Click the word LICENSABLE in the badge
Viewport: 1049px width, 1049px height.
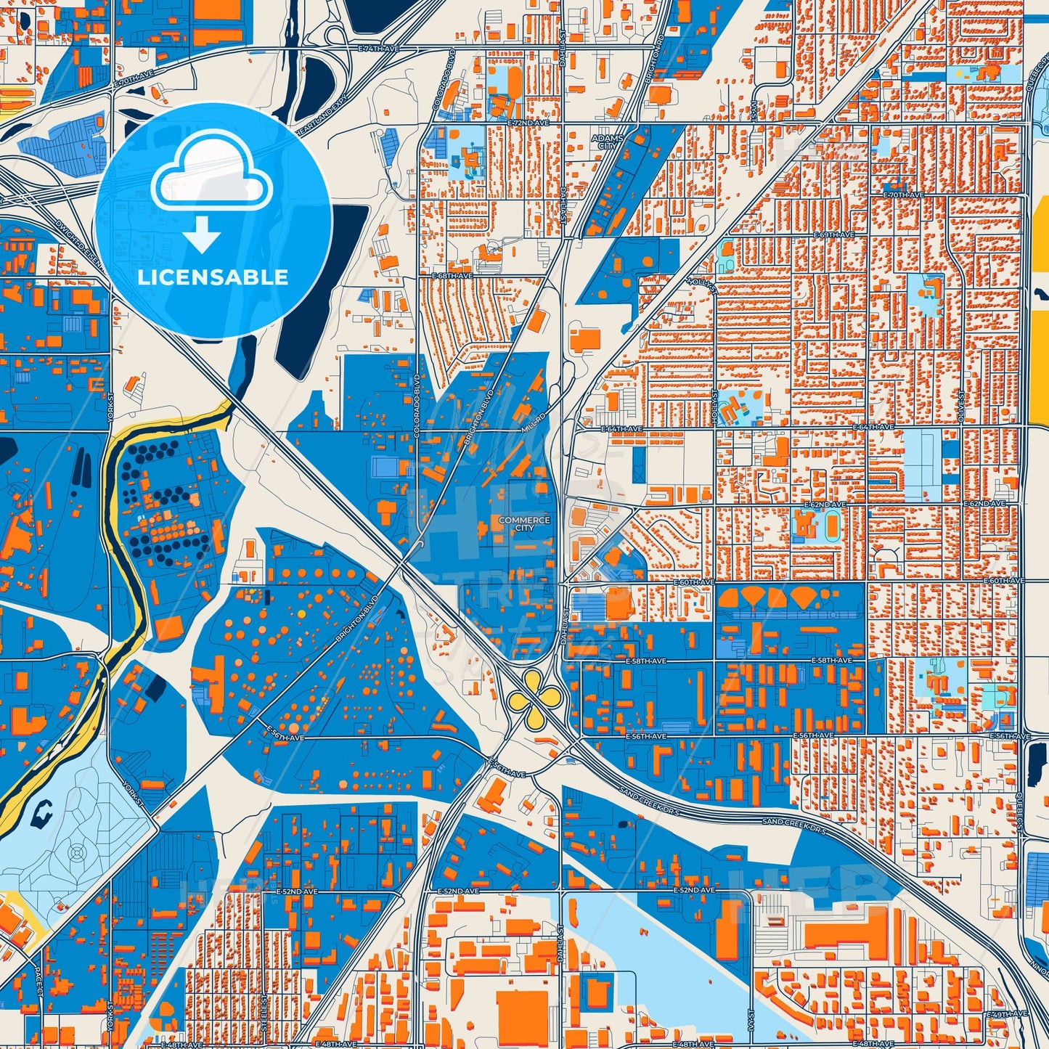(x=213, y=277)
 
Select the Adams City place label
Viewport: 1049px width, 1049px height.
(x=607, y=142)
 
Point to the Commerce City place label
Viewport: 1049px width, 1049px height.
(x=524, y=523)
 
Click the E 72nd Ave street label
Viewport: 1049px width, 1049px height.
(x=529, y=124)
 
